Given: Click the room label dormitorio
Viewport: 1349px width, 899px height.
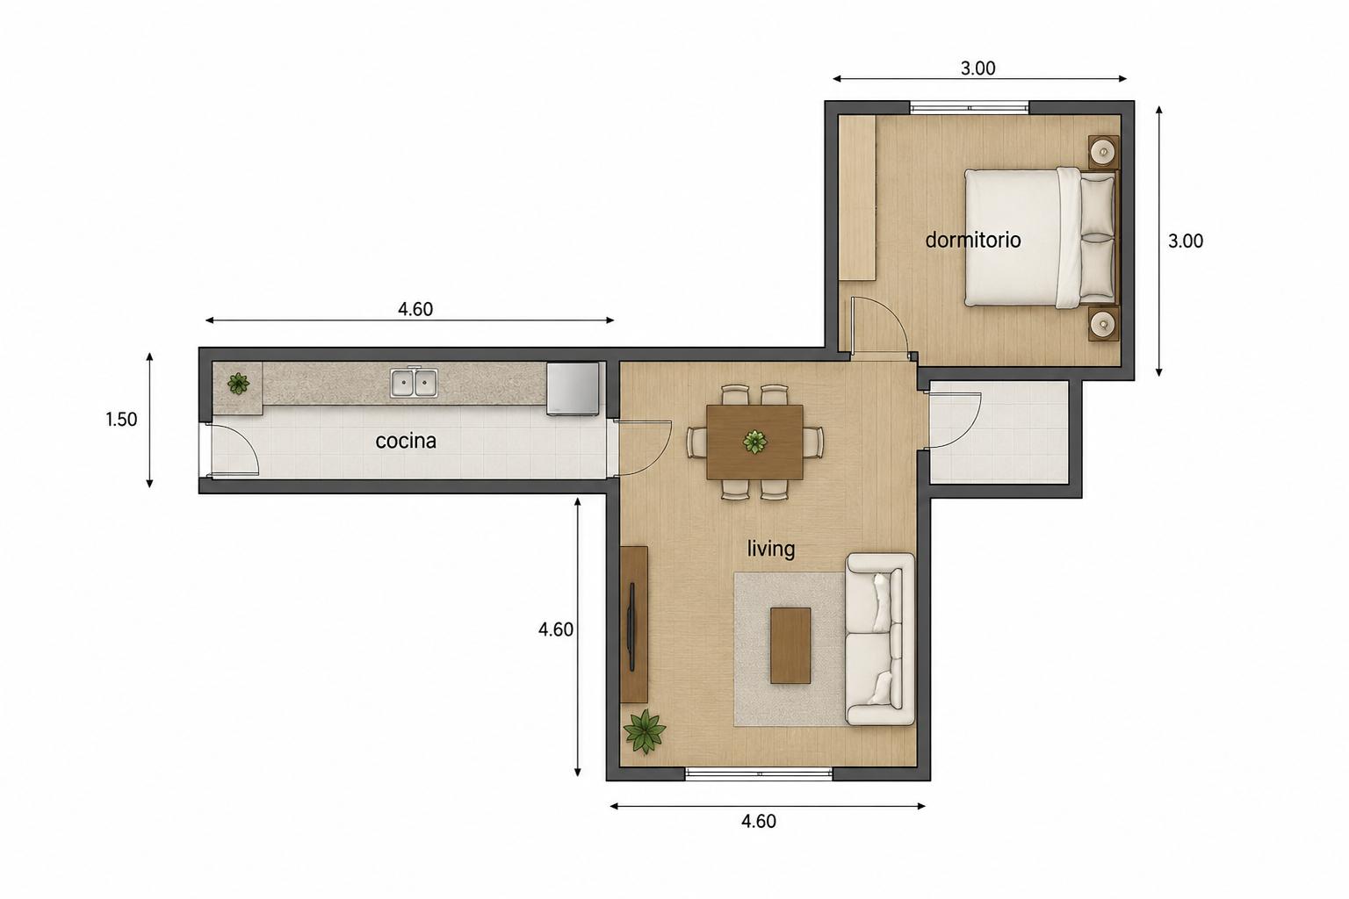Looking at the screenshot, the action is pos(972,241).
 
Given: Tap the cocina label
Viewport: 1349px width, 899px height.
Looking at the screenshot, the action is pos(406,441).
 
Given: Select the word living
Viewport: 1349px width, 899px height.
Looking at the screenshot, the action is pos(771,550).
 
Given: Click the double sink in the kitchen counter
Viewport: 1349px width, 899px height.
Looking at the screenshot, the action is pos(414,383).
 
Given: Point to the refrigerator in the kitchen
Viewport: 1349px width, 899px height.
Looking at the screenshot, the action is pos(573,388).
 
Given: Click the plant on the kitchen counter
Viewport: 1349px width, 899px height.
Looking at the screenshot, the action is pos(239,383).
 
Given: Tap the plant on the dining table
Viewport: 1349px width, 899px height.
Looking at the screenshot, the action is pos(754,442).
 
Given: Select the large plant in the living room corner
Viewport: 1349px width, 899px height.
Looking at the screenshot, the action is pos(645,731).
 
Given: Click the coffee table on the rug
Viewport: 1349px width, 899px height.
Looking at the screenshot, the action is pos(790,645).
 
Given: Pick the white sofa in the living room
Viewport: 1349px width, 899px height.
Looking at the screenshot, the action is pos(880,639).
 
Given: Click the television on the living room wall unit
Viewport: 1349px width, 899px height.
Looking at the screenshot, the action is pos(631,627).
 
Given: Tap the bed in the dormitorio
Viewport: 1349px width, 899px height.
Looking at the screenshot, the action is pos(1041,238).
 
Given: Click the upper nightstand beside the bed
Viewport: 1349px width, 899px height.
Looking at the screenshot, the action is pos(1103,152).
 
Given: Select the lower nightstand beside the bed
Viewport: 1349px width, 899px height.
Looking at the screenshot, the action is pos(1103,324).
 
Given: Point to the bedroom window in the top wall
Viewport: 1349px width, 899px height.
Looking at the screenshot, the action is pos(970,108).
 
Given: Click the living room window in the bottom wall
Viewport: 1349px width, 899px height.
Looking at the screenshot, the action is pos(759,773).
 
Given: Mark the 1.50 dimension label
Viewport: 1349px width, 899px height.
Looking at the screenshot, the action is pos(122,419).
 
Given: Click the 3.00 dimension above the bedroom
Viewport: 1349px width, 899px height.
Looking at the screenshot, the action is pos(978,68).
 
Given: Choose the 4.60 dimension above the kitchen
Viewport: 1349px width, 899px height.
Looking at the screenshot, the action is pos(415,310).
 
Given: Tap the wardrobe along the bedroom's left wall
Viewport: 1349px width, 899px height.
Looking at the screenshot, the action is pos(857,198).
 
